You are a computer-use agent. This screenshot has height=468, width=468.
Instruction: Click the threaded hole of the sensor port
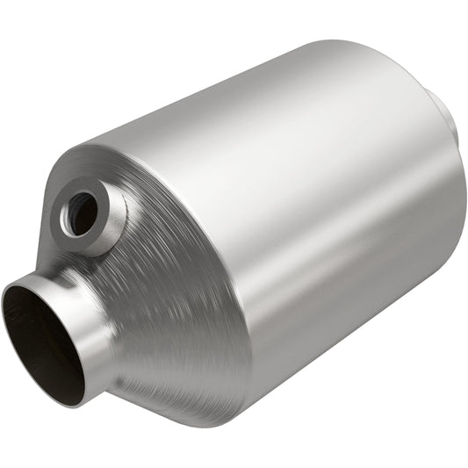pos(83,213)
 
